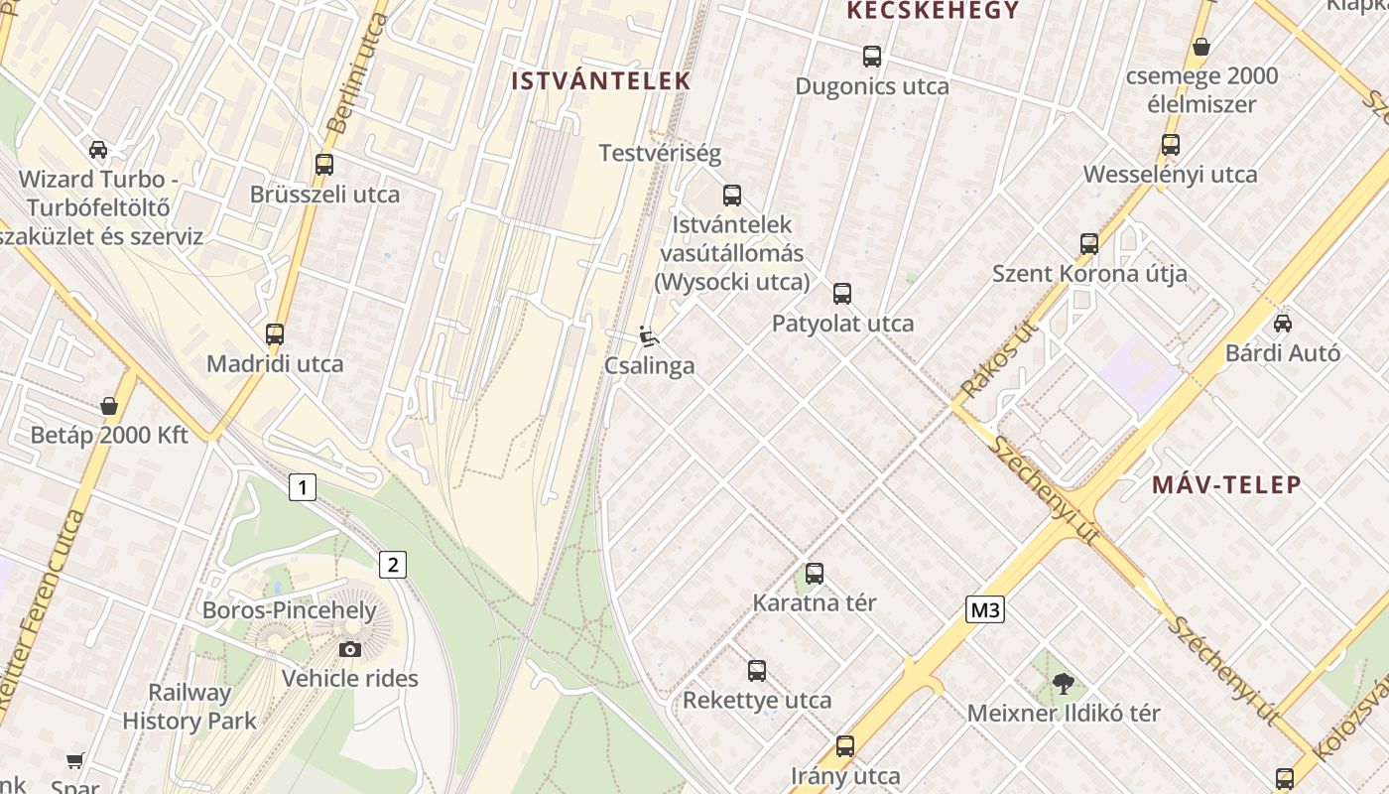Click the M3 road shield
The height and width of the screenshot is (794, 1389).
click(985, 609)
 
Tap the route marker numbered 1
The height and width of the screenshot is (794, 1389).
click(303, 487)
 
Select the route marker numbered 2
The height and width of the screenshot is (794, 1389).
click(393, 565)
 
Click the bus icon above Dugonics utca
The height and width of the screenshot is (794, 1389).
click(872, 57)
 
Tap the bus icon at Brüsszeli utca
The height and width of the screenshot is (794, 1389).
click(324, 165)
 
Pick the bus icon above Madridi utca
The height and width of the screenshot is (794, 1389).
click(275, 334)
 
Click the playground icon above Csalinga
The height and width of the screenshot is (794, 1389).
click(649, 336)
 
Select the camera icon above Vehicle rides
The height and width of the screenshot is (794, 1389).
click(349, 649)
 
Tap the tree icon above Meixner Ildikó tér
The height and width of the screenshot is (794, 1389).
click(1064, 683)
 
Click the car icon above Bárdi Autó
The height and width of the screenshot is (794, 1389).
click(1283, 323)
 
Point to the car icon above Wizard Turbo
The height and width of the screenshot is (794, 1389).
click(98, 150)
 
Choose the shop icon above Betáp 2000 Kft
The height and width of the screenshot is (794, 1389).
click(109, 406)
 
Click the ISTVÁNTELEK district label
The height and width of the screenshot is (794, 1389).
click(600, 81)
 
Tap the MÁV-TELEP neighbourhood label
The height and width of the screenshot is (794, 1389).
click(1226, 485)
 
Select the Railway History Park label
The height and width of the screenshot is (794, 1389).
click(189, 707)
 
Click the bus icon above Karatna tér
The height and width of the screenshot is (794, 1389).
click(815, 573)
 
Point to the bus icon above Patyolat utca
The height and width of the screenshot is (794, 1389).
click(842, 293)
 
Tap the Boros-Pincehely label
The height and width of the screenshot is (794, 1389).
click(290, 609)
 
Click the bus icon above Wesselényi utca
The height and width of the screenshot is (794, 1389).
click(1171, 145)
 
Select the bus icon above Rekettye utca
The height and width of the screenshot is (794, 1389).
click(757, 670)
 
